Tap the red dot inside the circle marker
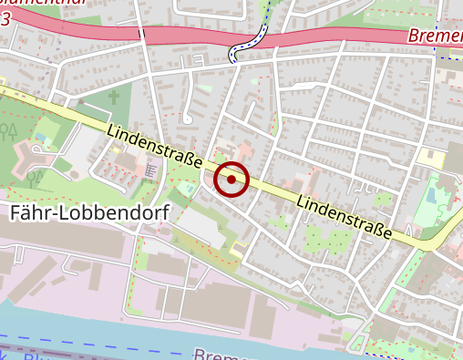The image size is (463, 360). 232,180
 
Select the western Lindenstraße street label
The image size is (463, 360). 155,146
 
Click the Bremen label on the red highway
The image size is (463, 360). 434,37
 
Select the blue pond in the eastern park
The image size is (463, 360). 429,195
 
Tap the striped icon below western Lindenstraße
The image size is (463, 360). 151,170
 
